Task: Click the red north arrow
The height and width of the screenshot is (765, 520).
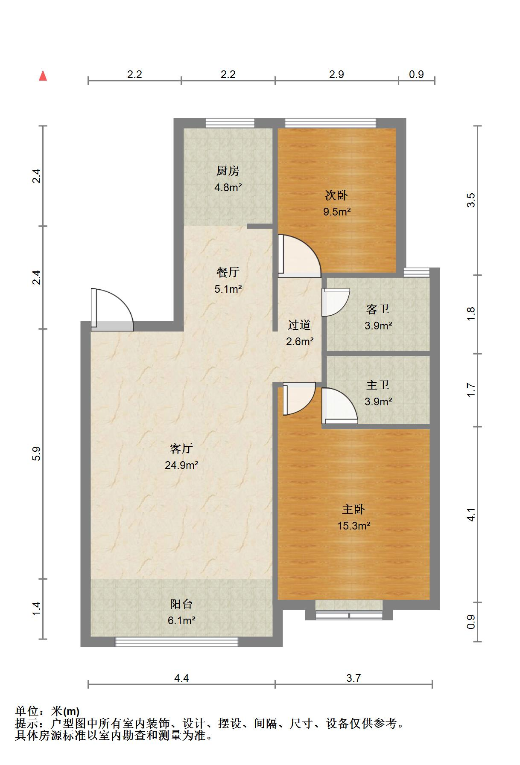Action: [x=43, y=76]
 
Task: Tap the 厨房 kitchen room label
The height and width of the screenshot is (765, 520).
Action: [x=228, y=171]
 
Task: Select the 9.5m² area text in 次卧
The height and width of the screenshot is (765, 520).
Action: [x=337, y=212]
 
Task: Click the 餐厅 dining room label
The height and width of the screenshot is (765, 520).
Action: [x=228, y=272]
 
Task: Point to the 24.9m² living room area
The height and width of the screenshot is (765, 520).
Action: [x=181, y=465]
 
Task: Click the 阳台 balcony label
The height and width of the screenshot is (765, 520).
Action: [x=181, y=604]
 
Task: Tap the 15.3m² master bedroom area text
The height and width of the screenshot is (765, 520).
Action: [x=353, y=526]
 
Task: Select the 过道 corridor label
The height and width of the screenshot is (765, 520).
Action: [x=299, y=325]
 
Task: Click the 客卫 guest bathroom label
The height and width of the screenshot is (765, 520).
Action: [x=378, y=309]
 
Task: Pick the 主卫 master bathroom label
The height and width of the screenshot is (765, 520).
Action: [x=378, y=385]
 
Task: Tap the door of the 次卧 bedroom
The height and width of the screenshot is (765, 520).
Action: [x=299, y=255]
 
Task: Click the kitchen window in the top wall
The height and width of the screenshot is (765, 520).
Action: [x=230, y=123]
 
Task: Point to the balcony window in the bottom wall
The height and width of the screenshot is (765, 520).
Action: [x=177, y=641]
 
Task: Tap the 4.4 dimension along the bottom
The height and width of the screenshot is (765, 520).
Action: [x=181, y=678]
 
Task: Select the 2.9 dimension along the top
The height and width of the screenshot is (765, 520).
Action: [x=336, y=75]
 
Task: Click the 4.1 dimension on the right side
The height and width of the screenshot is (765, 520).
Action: [x=471, y=515]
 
